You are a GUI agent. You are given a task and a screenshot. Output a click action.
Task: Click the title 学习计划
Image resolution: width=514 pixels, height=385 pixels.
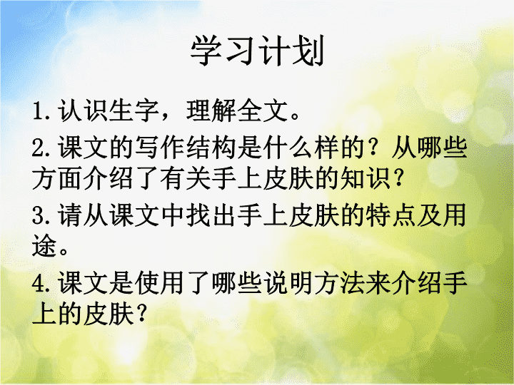tap(257, 51)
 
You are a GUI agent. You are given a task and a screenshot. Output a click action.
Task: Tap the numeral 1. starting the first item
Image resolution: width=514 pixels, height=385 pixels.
tap(41, 111)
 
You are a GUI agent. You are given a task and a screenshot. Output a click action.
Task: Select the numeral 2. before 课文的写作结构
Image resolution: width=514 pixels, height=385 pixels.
tap(41, 148)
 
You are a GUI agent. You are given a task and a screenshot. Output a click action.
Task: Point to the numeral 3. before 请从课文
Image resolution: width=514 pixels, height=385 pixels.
tap(41, 215)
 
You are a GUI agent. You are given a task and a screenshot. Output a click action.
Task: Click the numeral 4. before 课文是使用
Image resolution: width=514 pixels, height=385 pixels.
tap(41, 284)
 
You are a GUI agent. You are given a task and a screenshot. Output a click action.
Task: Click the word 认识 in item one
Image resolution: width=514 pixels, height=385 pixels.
tap(83, 110)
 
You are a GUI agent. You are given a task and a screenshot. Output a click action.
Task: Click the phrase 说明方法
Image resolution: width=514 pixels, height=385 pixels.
tap(313, 283)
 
